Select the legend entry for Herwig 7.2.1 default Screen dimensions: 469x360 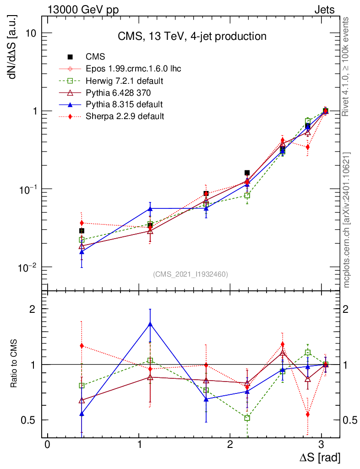[x=125, y=81]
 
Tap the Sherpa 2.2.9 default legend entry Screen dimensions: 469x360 [x=125, y=116]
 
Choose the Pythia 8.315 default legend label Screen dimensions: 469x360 [x=124, y=104]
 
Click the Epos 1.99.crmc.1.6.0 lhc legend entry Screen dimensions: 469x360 [x=133, y=69]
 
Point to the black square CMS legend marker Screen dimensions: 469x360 [x=70, y=57]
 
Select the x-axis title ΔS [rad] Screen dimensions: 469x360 [x=320, y=457]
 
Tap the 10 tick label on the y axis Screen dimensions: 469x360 [x=31, y=33]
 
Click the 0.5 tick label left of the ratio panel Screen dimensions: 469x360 [x=28, y=420]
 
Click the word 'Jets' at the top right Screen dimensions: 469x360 [x=324, y=10]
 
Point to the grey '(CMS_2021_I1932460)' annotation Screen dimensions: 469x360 [x=190, y=274]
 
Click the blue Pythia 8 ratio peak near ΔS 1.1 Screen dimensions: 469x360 [x=150, y=324]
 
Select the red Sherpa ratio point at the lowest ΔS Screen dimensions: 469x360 [x=82, y=346]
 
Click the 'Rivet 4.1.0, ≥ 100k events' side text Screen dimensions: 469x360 [x=347, y=66]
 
